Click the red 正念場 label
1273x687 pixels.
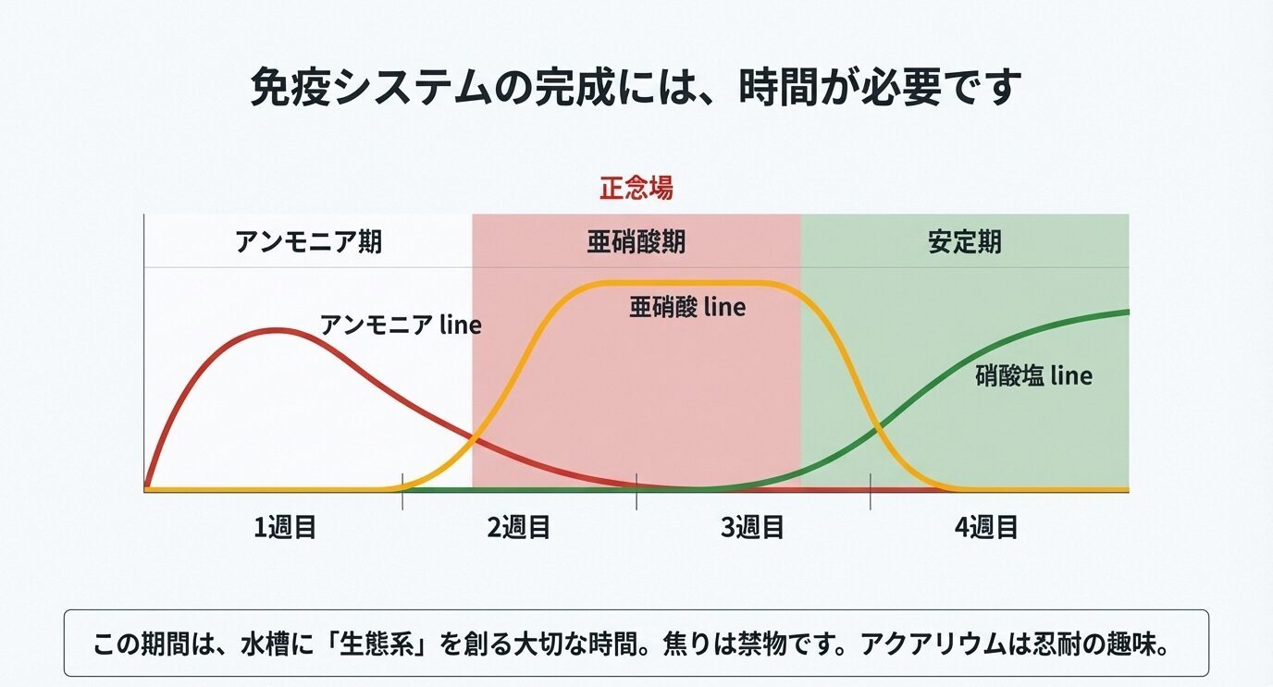pyautogui.click(x=636, y=189)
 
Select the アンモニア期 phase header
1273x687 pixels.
pyautogui.click(x=308, y=242)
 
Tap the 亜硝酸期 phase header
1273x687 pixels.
pyautogui.click(x=636, y=242)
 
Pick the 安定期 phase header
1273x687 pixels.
pyautogui.click(x=964, y=242)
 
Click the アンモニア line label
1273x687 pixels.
pyautogui.click(x=401, y=325)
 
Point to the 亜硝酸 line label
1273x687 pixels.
pyautogui.click(x=686, y=306)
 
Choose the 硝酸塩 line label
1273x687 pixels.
pyautogui.click(x=1033, y=376)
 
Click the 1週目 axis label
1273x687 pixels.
pyautogui.click(x=286, y=527)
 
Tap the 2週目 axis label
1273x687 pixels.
pyautogui.click(x=519, y=527)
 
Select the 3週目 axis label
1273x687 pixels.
pyautogui.click(x=753, y=527)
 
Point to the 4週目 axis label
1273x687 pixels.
pyautogui.click(x=986, y=527)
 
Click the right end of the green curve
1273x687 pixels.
pyautogui.click(x=1126, y=312)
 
